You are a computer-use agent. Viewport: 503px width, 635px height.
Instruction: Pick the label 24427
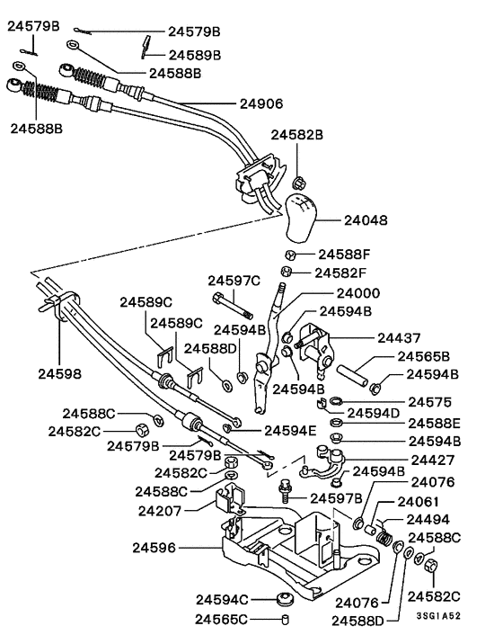coord(437,459)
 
